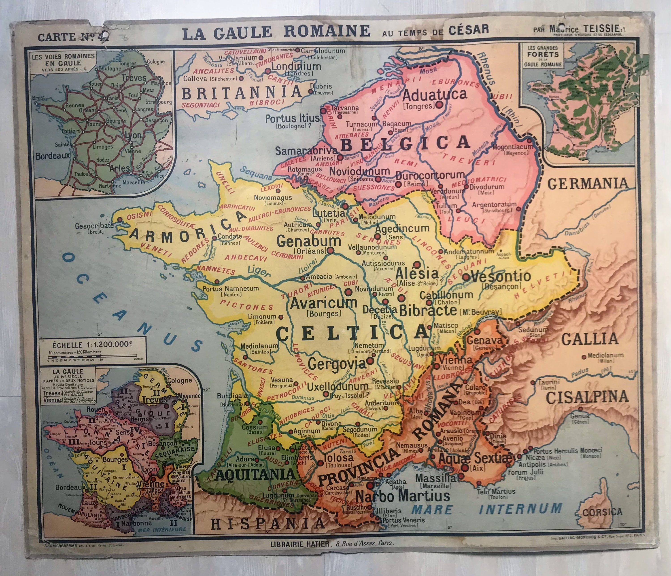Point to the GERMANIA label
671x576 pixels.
coord(587,184)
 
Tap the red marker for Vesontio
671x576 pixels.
coord(465,277)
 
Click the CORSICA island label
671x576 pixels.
coord(602,512)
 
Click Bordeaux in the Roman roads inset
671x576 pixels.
coord(53,156)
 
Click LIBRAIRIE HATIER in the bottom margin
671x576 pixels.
coord(300,544)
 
